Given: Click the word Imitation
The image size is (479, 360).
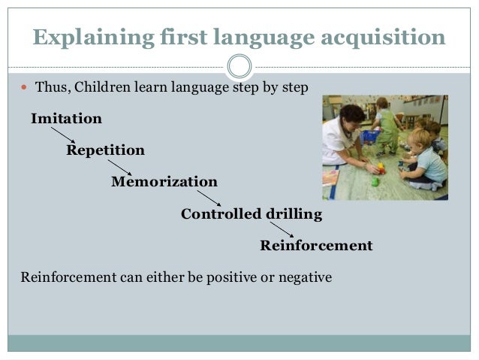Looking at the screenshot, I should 66,119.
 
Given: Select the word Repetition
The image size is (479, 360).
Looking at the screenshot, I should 105,150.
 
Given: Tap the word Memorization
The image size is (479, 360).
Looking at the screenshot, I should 164,182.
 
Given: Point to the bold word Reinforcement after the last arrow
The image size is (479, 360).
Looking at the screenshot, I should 316,246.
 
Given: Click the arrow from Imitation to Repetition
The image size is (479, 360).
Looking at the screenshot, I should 64,135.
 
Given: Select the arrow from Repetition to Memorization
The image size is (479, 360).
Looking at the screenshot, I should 119,166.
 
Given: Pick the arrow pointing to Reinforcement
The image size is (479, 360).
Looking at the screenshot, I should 282,230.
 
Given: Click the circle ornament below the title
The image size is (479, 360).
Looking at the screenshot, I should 239,66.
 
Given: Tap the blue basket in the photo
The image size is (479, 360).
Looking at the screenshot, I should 370,136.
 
